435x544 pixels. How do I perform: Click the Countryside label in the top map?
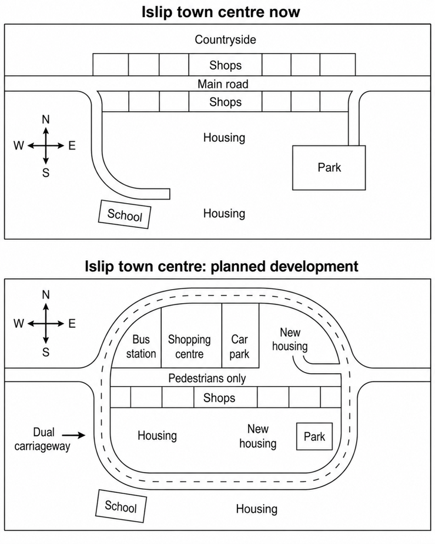tap(225, 39)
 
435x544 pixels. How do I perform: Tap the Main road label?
tap(223, 84)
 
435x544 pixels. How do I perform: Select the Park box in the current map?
tap(329, 168)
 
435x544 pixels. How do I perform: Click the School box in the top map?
tap(125, 214)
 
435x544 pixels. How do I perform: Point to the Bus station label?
tap(141, 346)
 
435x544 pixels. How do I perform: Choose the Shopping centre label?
tap(189, 346)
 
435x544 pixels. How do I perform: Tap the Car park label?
tap(239, 346)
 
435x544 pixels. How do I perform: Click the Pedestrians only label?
tap(207, 378)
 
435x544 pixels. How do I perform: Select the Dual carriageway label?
tap(42, 439)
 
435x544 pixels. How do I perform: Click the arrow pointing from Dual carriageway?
tap(73, 435)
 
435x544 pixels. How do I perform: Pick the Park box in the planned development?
tap(314, 436)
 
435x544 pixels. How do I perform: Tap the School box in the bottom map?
tap(121, 506)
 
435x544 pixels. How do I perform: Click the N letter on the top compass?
tap(46, 120)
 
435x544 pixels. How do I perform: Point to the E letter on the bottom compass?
tap(72, 324)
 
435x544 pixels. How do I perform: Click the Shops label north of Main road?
tap(226, 65)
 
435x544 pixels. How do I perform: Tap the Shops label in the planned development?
tap(219, 397)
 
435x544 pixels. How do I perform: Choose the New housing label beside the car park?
tap(290, 339)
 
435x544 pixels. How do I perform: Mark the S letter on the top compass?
tap(46, 173)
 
